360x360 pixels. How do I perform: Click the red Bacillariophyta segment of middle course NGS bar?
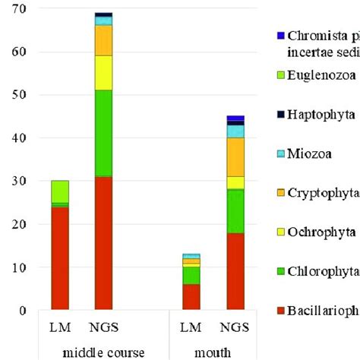coord(103,243)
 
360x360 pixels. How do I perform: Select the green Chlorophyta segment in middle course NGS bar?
coord(103,133)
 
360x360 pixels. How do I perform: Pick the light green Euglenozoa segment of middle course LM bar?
coord(59,191)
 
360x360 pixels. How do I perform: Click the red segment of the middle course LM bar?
coord(59,258)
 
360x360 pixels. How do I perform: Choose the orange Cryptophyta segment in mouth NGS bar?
coord(235,156)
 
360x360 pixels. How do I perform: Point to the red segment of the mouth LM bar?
coord(191,297)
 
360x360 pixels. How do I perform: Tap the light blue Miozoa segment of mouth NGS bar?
coord(235,131)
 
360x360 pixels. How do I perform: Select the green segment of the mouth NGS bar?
coord(235,205)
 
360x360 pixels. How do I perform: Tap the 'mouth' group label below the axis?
coord(215,352)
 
